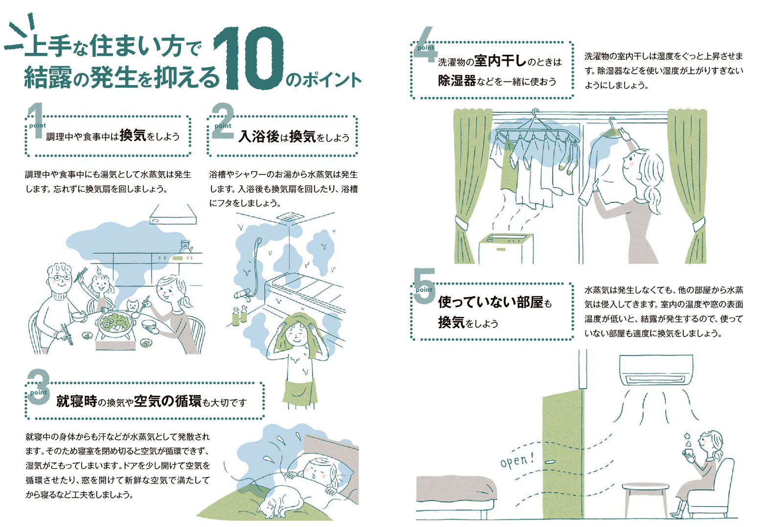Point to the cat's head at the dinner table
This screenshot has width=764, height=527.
pyautogui.click(x=133, y=306)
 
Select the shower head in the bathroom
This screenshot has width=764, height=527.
pyautogui.click(x=258, y=242)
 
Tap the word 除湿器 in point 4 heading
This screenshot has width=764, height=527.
pyautogui.click(x=456, y=81)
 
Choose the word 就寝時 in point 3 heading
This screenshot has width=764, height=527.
pyautogui.click(x=76, y=402)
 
